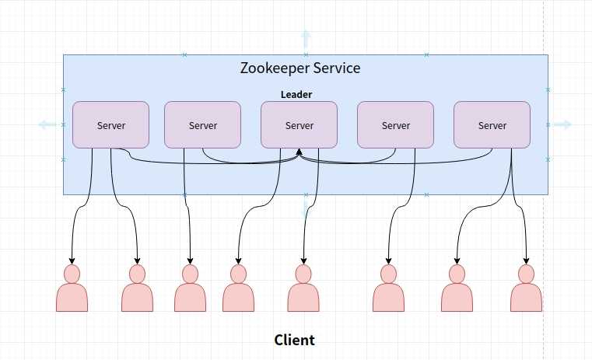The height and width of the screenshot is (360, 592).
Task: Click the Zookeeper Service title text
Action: (300, 68)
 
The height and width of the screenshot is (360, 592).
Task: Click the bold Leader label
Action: (296, 95)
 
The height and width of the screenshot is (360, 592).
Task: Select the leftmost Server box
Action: (110, 124)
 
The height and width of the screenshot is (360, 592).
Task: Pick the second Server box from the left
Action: (202, 124)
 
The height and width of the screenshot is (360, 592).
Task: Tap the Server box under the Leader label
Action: (299, 124)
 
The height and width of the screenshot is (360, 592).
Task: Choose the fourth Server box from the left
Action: (395, 124)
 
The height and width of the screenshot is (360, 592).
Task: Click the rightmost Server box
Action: (492, 124)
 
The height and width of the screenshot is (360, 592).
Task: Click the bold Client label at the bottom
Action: (294, 340)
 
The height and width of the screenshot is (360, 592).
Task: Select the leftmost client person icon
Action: (72, 289)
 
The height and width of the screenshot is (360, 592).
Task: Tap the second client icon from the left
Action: (137, 289)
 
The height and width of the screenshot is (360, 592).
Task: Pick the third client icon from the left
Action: (190, 289)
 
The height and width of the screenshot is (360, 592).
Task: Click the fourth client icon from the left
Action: (238, 289)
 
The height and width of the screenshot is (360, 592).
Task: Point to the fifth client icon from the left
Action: (303, 289)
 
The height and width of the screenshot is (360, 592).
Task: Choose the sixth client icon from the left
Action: (388, 289)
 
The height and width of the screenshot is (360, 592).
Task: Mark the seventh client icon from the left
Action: (457, 289)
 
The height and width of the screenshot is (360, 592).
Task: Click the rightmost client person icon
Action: (526, 289)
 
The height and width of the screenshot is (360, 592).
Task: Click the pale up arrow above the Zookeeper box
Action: (306, 39)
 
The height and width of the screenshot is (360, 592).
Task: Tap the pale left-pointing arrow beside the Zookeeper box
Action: (47, 124)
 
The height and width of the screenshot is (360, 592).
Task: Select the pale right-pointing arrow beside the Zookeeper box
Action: (562, 124)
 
